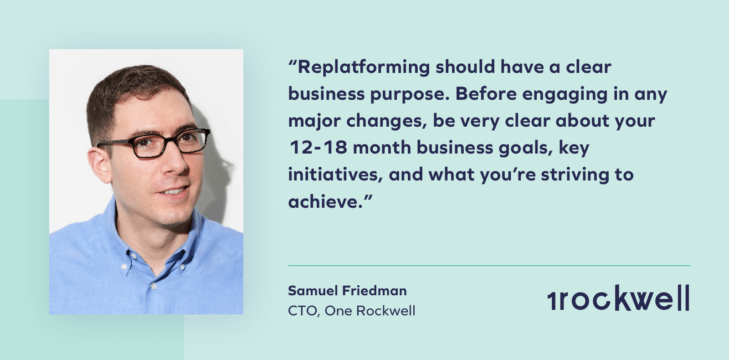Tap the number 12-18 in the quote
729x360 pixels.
pos(318,148)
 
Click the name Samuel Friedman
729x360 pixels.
pos(347,291)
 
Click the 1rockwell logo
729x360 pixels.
pos(618,298)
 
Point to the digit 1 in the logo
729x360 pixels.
pos(552,300)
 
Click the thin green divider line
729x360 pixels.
pos(489,266)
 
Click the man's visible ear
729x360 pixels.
pos(100,165)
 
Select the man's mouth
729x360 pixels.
pos(174,191)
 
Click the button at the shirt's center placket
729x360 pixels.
pos(154,286)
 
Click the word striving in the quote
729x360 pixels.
pos(575,175)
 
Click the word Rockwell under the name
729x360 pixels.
pos(385,311)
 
